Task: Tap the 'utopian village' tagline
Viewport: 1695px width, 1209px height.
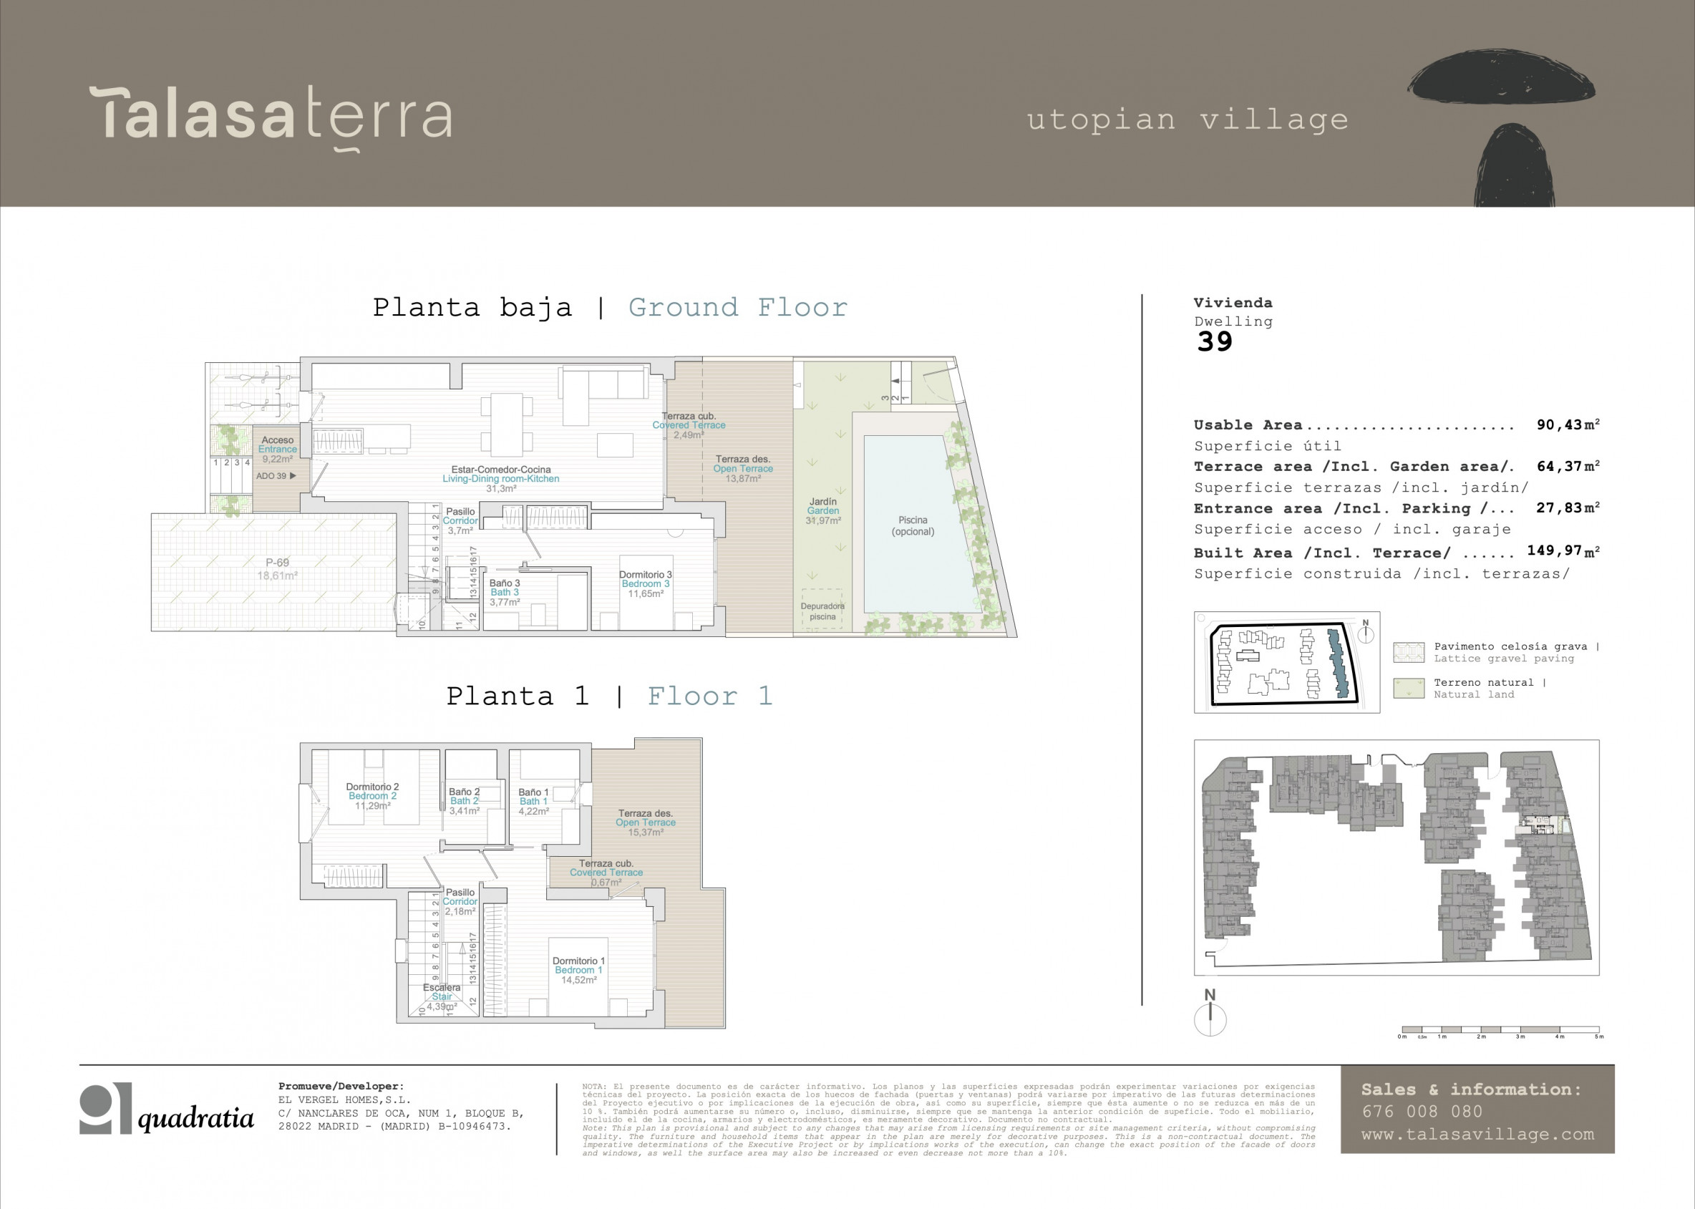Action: point(1188,120)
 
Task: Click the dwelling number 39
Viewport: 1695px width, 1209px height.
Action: point(1214,341)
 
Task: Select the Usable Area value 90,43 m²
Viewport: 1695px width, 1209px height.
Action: point(1568,425)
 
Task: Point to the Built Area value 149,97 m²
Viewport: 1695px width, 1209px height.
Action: point(1563,551)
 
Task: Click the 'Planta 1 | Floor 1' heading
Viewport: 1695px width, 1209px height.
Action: point(610,696)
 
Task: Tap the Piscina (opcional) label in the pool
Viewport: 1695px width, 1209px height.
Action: point(913,525)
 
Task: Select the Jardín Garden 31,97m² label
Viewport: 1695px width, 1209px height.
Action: point(822,510)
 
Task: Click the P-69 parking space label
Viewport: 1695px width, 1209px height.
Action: point(277,569)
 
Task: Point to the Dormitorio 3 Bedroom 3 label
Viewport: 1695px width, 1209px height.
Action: point(646,583)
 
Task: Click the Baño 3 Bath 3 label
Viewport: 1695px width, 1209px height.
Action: point(505,593)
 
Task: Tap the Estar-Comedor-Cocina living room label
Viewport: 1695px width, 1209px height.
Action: point(501,479)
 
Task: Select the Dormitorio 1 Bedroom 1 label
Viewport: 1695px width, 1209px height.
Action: point(578,970)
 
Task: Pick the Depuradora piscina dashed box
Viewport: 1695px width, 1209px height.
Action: point(822,610)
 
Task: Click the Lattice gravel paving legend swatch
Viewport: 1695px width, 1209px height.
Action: point(1409,652)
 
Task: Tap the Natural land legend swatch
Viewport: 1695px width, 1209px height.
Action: point(1409,688)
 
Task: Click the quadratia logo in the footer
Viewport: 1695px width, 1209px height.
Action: point(167,1110)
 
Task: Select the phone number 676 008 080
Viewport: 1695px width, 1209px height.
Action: point(1422,1112)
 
